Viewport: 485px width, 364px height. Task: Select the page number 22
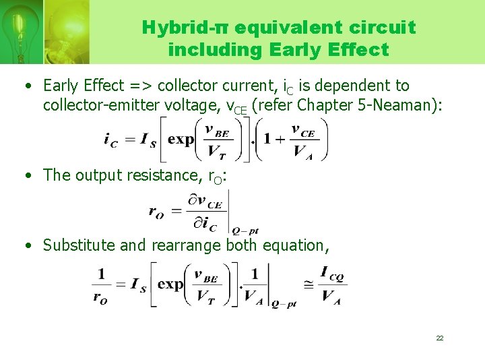[x=439, y=338]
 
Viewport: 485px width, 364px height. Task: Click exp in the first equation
[x=181, y=140]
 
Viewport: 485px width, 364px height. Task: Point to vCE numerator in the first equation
[x=304, y=129]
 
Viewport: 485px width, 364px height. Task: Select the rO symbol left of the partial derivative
[x=156, y=212]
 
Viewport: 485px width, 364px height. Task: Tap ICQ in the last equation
[x=333, y=274]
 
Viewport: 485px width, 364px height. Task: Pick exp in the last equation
[x=170, y=284]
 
